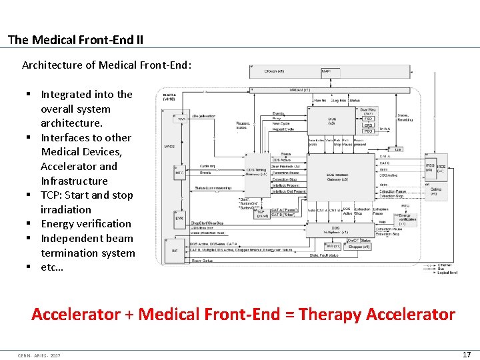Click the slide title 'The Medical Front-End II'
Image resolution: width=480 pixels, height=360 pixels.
pyautogui.click(x=75, y=40)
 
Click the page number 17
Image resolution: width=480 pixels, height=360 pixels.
pyautogui.click(x=467, y=355)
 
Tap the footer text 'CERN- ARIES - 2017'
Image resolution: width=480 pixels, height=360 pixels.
pyautogui.click(x=39, y=355)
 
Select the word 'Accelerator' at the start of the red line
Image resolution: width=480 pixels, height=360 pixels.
pyautogui.click(x=76, y=314)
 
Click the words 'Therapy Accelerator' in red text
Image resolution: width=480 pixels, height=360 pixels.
pyautogui.click(x=377, y=314)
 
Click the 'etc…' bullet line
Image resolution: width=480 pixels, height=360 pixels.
pyautogui.click(x=52, y=267)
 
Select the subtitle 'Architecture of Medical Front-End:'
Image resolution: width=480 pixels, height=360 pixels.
pyautogui.click(x=107, y=65)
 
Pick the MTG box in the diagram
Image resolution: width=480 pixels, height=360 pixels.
pyautogui.click(x=180, y=173)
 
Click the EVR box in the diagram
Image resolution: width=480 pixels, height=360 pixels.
pyautogui.click(x=180, y=218)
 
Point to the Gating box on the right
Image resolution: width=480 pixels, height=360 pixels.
pyautogui.click(x=435, y=191)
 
